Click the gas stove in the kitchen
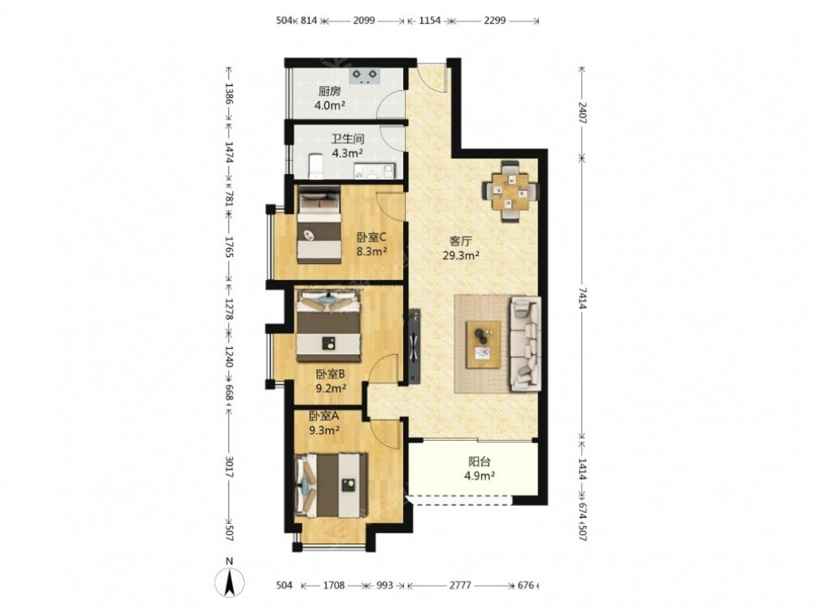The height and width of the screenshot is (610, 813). click(x=366, y=76)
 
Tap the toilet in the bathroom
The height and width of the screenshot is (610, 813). click(x=315, y=165)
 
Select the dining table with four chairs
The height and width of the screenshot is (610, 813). click(x=511, y=192)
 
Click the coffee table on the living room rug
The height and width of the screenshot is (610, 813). click(x=483, y=344)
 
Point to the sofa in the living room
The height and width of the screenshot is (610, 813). click(x=526, y=343)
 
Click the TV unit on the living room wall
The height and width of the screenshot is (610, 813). click(x=415, y=346)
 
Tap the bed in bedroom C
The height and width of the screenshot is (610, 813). click(x=319, y=225)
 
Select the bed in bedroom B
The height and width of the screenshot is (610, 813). click(x=328, y=326)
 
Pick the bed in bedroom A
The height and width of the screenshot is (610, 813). click(x=331, y=485)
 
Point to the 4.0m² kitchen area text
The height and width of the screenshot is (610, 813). click(x=330, y=105)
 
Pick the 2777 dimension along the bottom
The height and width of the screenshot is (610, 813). click(x=460, y=586)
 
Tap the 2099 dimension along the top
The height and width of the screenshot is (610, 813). click(x=365, y=21)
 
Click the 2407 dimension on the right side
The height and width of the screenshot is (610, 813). click(x=582, y=112)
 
